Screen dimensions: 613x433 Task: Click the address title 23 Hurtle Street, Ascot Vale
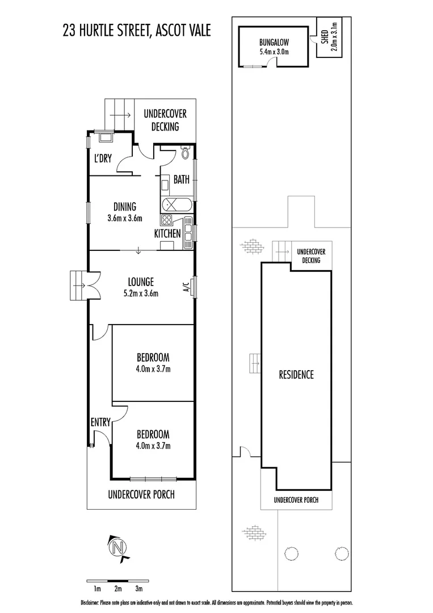pyautogui.click(x=136, y=30)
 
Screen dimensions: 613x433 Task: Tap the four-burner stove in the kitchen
pyautogui.click(x=167, y=221)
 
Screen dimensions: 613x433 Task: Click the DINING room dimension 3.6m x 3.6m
pyautogui.click(x=124, y=218)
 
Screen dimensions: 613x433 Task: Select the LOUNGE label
pyautogui.click(x=141, y=282)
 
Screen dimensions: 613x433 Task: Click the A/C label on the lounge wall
pyautogui.click(x=186, y=287)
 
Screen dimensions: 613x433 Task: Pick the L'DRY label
pyautogui.click(x=103, y=159)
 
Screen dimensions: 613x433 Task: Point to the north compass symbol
pyautogui.click(x=118, y=548)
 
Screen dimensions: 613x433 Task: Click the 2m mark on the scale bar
pyautogui.click(x=117, y=589)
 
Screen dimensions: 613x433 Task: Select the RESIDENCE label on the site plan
pyautogui.click(x=296, y=375)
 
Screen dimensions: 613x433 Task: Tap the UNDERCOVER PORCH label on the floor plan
pyautogui.click(x=141, y=494)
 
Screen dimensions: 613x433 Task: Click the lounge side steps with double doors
pyautogui.click(x=77, y=281)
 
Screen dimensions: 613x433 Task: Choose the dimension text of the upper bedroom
pyautogui.click(x=153, y=368)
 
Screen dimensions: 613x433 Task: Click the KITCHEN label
pyautogui.click(x=167, y=233)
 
